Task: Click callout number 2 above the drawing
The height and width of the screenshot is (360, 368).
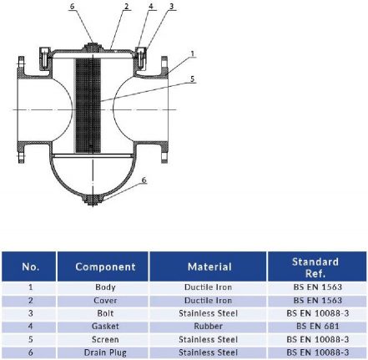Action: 127,7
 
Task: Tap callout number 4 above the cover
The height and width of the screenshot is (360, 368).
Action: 151,7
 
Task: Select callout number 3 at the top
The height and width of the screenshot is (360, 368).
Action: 172,7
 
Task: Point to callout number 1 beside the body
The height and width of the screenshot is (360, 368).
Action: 193,53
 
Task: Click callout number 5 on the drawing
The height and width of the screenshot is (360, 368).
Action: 193,80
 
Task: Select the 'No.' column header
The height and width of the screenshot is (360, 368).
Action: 30,267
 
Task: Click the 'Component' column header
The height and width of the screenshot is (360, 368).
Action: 105,267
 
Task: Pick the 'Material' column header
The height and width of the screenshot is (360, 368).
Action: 209,267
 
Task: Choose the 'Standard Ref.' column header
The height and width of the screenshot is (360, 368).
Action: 315,267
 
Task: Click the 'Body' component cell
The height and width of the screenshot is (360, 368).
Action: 105,286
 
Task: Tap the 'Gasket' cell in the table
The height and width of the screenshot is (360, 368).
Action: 105,327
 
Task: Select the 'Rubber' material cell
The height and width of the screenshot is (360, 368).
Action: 209,327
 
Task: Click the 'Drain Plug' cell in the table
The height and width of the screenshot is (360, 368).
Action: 105,353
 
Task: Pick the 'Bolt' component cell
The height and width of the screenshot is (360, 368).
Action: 105,313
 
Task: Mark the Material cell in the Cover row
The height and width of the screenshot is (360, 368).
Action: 209,300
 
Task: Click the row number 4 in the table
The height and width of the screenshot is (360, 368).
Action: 30,327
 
